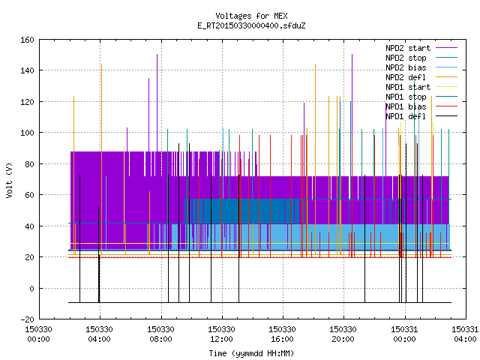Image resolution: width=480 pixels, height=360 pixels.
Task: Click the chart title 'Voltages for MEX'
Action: click(251, 16)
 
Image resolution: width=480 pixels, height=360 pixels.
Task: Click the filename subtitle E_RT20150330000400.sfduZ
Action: click(251, 25)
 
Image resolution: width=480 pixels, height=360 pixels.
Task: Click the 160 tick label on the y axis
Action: click(27, 40)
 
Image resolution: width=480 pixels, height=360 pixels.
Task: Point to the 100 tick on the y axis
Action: click(27, 133)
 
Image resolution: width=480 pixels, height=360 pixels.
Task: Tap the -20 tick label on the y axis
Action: click(27, 319)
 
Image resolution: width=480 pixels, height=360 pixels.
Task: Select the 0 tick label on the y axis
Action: click(31, 288)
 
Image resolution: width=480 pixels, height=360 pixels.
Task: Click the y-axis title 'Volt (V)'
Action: click(9, 180)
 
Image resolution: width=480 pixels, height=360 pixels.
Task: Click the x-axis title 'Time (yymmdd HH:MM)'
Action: click(251, 353)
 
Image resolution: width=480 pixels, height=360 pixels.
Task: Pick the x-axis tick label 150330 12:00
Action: click(221, 334)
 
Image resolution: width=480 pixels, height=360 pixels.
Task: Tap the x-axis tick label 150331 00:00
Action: click(404, 334)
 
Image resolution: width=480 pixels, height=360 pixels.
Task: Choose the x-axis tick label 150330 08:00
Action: click(160, 334)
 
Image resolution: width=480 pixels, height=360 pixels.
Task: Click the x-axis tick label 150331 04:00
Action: click(465, 334)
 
